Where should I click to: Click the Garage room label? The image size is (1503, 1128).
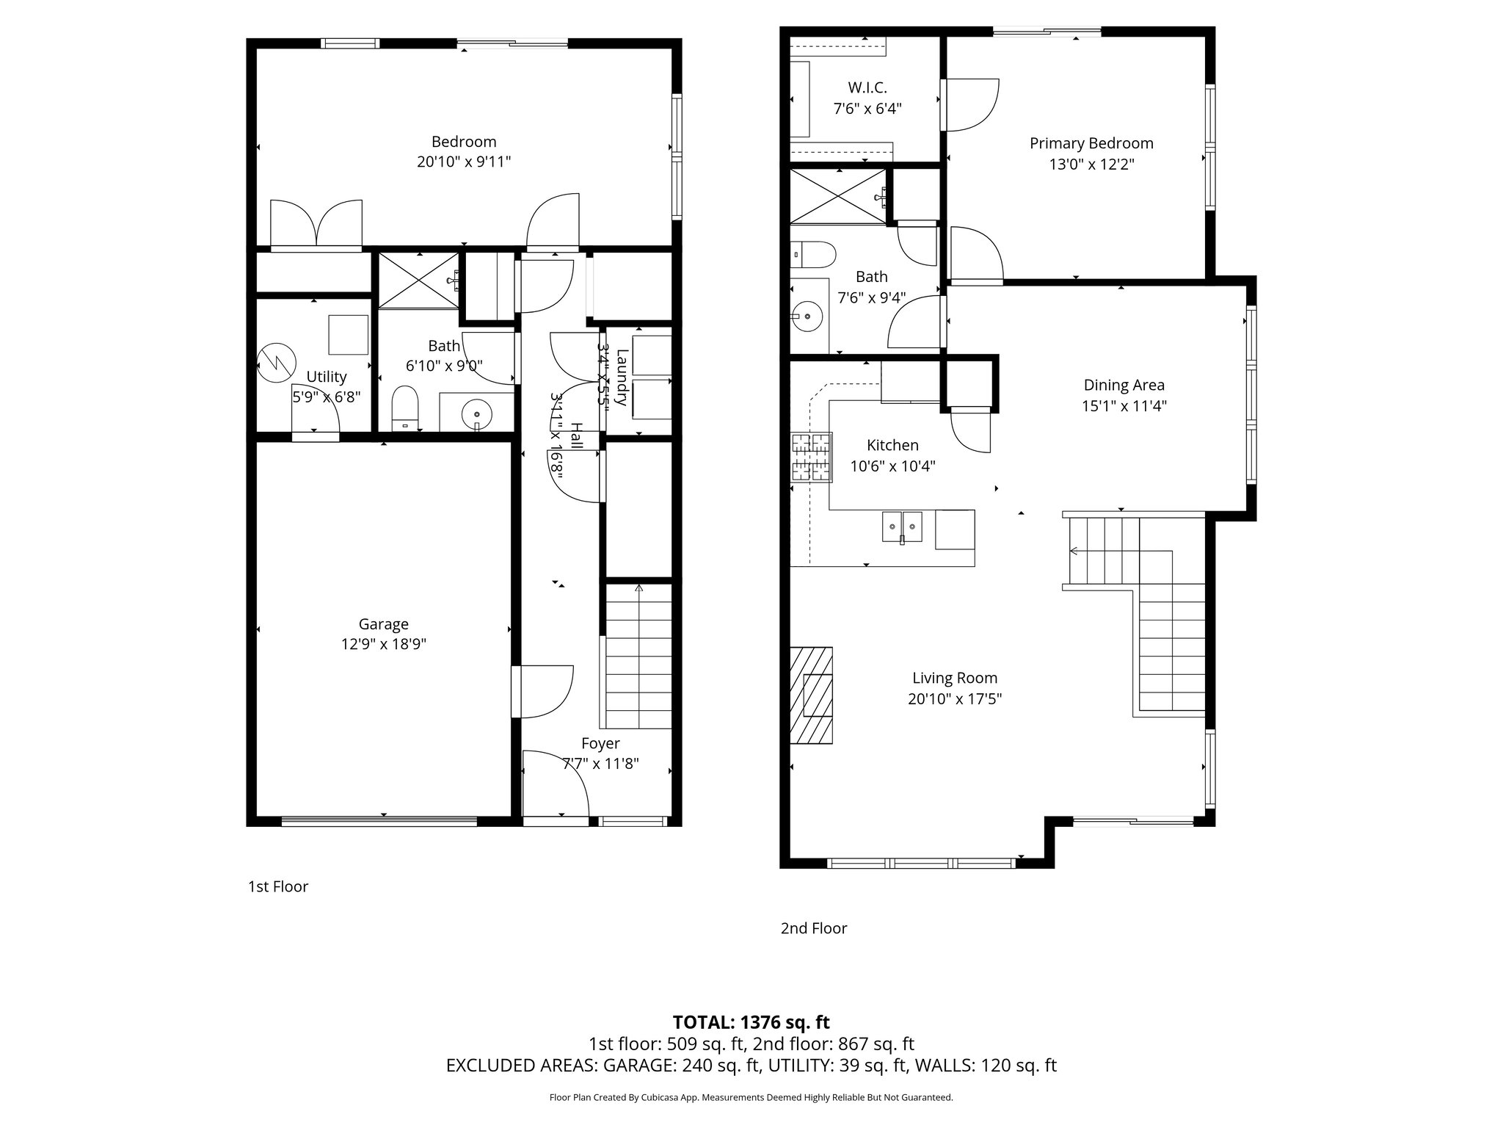click(x=383, y=624)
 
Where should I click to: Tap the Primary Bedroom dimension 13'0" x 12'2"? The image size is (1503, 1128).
click(x=1091, y=164)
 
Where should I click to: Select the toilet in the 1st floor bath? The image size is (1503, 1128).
click(x=405, y=408)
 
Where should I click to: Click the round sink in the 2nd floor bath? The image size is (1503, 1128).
click(x=808, y=316)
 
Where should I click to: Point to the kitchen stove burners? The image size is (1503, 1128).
click(x=811, y=457)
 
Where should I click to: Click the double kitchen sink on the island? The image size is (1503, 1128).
click(x=902, y=526)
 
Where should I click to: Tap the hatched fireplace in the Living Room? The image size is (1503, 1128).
click(x=812, y=695)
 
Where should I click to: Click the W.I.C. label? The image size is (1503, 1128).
click(x=867, y=87)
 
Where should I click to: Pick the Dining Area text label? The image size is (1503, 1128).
click(x=1124, y=385)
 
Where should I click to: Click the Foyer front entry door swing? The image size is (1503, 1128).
click(x=555, y=783)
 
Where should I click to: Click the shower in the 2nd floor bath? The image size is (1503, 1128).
click(x=837, y=195)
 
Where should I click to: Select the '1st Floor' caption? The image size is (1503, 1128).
click(x=278, y=886)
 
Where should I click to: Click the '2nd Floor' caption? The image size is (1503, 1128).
click(x=813, y=928)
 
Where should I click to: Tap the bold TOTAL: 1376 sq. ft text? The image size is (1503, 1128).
click(x=751, y=1022)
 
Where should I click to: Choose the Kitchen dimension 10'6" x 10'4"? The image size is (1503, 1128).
click(x=892, y=466)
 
